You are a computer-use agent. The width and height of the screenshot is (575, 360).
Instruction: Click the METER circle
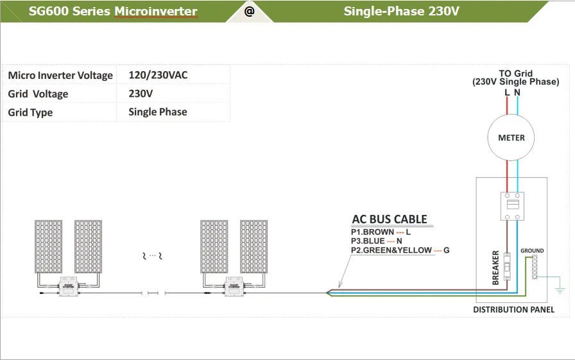click(x=511, y=137)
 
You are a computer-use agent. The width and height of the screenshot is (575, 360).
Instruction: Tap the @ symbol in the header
click(x=249, y=11)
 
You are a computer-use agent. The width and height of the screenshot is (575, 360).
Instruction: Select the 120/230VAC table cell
click(x=158, y=75)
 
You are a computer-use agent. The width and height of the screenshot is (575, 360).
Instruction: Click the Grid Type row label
click(x=30, y=112)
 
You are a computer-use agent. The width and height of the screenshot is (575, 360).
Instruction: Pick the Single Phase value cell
click(x=158, y=112)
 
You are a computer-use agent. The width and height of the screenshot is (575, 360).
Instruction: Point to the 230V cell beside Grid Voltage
click(x=141, y=94)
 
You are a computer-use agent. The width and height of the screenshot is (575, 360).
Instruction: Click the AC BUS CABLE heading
click(x=390, y=219)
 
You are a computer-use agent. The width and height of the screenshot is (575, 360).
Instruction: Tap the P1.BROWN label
click(x=372, y=232)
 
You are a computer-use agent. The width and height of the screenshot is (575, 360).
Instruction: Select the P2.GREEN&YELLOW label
click(x=391, y=250)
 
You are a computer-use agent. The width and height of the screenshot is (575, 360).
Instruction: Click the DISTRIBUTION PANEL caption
click(x=513, y=310)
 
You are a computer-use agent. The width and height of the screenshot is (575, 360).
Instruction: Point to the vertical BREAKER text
click(x=495, y=267)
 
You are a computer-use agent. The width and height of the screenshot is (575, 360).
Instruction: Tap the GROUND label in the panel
click(x=532, y=251)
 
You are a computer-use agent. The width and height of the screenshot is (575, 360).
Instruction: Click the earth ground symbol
click(x=560, y=282)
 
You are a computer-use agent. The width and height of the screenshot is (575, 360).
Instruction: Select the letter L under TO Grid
click(x=507, y=92)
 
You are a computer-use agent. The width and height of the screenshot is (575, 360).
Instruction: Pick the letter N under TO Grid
click(x=517, y=92)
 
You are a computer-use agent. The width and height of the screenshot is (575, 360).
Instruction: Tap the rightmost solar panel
click(x=253, y=246)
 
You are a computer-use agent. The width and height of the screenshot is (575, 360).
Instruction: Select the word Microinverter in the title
click(x=155, y=11)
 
